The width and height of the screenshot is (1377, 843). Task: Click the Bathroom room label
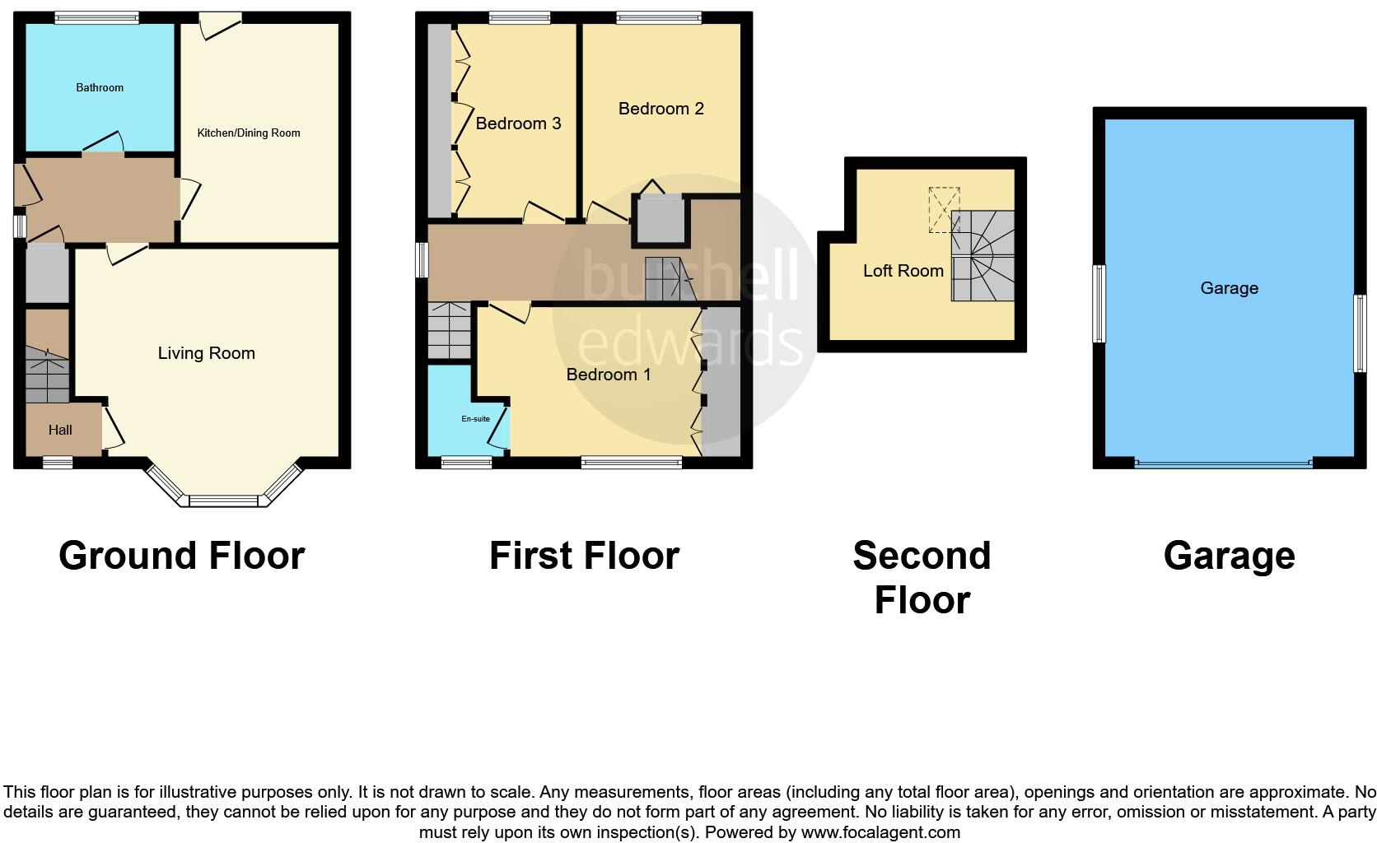[100, 87]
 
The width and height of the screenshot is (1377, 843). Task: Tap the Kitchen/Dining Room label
[248, 133]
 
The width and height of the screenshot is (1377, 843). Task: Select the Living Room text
[206, 353]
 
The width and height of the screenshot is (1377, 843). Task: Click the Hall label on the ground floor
[60, 430]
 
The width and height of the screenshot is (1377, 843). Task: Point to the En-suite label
[475, 419]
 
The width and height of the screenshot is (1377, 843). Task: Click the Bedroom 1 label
[609, 375]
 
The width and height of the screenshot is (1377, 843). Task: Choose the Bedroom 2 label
[660, 109]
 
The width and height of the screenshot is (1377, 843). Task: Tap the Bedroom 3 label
[518, 123]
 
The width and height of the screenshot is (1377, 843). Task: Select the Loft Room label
[903, 271]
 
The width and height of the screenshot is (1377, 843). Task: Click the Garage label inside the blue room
[1229, 288]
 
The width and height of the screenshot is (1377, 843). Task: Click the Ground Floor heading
[181, 556]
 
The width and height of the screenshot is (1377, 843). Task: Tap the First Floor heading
[584, 556]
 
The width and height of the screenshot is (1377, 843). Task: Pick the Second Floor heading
[922, 577]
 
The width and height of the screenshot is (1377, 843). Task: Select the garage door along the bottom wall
[1223, 464]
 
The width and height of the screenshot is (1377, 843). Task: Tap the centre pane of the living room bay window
[224, 500]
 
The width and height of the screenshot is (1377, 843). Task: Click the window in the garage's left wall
[1099, 303]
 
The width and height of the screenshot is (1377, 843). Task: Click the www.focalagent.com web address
[880, 832]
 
